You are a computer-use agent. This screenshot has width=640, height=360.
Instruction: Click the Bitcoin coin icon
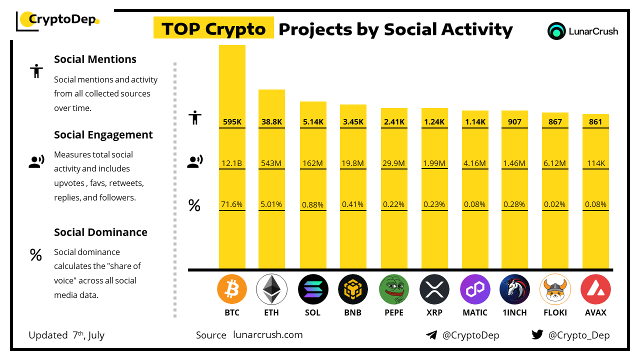point(232,289)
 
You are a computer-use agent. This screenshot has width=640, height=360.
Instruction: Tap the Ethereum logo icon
point(271,289)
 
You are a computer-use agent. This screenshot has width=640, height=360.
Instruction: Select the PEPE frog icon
point(394,289)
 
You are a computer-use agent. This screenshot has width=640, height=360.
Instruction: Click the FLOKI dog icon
point(555,289)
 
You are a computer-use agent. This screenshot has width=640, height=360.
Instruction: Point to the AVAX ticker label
point(595,312)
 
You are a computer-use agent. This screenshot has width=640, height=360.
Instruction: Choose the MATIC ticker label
point(474,312)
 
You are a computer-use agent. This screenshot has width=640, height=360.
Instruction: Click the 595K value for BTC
point(232,121)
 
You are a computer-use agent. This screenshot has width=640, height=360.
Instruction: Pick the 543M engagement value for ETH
point(271,162)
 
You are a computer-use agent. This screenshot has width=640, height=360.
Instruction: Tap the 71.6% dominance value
point(232,204)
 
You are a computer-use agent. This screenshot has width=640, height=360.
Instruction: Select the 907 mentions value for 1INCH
point(514,121)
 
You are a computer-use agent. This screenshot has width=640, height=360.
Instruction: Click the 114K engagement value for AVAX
point(595,162)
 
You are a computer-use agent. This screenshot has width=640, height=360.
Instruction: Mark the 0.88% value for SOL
point(312,204)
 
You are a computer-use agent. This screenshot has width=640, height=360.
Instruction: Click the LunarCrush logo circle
point(556,31)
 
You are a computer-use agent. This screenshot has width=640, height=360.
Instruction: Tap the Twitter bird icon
point(537,334)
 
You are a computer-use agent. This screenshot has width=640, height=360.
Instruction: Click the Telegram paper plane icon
point(431,335)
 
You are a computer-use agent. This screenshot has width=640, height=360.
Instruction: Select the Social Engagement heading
point(103,135)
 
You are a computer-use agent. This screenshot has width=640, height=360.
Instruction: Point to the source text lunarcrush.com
point(268,335)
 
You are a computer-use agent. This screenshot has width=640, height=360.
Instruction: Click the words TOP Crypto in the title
point(213,29)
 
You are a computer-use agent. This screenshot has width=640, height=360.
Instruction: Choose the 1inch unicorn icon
point(514,289)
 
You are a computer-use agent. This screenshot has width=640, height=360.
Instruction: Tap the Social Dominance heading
point(100,232)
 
